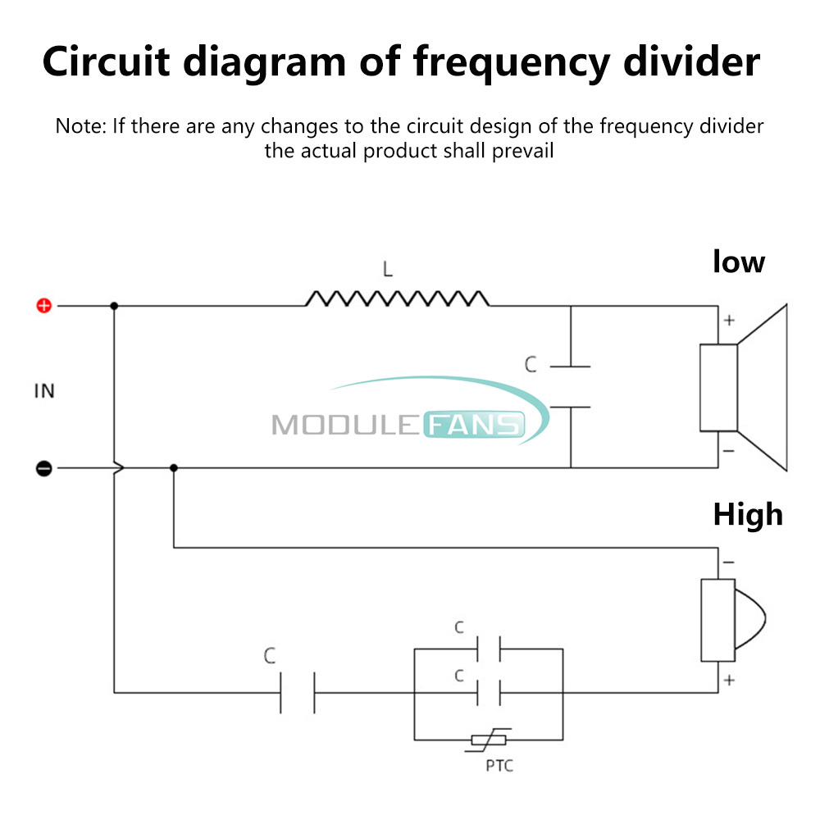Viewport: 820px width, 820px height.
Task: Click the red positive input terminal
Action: (44, 306)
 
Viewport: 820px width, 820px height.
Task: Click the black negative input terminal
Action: (44, 468)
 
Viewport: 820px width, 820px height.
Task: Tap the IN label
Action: (44, 391)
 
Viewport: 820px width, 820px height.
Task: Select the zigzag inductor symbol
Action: (398, 298)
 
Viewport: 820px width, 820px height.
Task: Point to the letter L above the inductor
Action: (388, 268)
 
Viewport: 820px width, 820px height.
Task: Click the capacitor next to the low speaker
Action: (570, 386)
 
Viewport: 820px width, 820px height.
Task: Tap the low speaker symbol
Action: (742, 387)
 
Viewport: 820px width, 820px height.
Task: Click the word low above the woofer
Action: (738, 262)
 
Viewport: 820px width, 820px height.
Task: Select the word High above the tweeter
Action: (747, 515)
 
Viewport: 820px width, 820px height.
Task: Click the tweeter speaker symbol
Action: (734, 621)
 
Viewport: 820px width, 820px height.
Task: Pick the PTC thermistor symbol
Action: (490, 740)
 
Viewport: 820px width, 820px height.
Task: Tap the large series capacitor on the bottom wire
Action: (298, 692)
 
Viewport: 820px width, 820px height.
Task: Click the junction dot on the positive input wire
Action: (114, 306)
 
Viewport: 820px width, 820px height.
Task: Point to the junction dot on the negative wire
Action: (173, 468)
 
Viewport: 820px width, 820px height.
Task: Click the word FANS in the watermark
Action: (473, 425)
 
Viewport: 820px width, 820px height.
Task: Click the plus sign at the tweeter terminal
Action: (728, 680)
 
